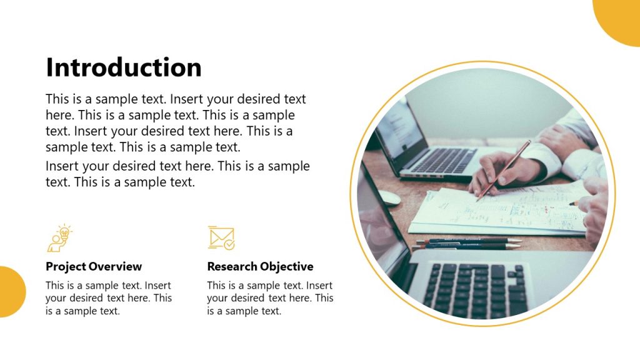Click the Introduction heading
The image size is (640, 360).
pos(124,67)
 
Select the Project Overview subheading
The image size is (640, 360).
pos(94,267)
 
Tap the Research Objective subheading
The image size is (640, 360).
pos(260,267)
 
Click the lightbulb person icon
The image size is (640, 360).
pos(59,239)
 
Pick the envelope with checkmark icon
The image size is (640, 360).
pos(221,238)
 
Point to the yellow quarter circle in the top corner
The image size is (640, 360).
pos(620,19)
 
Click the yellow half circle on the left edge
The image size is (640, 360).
pos(11,292)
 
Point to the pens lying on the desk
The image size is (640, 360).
pos(466,242)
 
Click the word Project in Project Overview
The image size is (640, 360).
pos(65,267)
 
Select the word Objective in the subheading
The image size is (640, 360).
pos(287,267)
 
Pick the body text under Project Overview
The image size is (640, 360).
pos(109,298)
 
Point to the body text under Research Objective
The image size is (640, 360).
pos(270,298)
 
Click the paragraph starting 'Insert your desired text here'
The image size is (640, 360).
pos(177,174)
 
